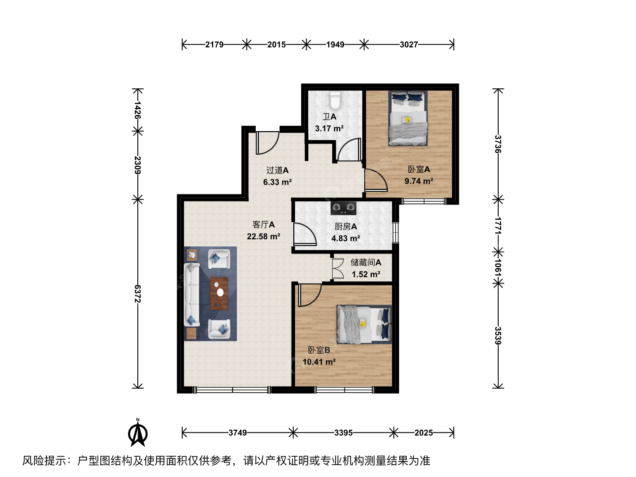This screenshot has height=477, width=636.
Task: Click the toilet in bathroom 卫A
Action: click(x=335, y=100)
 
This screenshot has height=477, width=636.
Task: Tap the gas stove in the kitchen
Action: click(x=343, y=208)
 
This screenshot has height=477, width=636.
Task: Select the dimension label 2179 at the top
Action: click(x=214, y=45)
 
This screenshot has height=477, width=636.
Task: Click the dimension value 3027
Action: click(x=409, y=45)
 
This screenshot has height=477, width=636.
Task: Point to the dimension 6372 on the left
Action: click(x=138, y=294)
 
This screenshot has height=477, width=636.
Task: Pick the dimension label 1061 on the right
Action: click(x=498, y=267)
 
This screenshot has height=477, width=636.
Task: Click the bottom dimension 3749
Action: click(x=238, y=433)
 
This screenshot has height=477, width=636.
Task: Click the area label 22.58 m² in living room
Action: click(x=263, y=236)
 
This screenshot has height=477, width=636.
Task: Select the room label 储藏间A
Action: click(x=366, y=262)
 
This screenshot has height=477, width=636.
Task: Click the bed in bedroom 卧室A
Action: click(x=408, y=118)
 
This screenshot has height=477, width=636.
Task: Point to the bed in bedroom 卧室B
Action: click(x=364, y=324)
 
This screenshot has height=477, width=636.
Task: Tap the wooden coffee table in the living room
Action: click(x=219, y=293)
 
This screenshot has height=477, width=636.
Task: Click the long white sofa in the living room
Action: click(x=192, y=295)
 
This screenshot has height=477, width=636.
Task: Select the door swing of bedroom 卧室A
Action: click(x=376, y=180)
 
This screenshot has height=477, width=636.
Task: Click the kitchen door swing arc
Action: click(x=304, y=234)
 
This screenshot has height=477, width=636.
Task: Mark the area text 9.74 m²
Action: click(x=419, y=181)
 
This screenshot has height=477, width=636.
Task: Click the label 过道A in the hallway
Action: click(x=277, y=170)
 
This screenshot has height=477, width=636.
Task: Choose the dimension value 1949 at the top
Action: click(x=335, y=45)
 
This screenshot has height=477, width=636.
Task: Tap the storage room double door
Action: click(x=338, y=269)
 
